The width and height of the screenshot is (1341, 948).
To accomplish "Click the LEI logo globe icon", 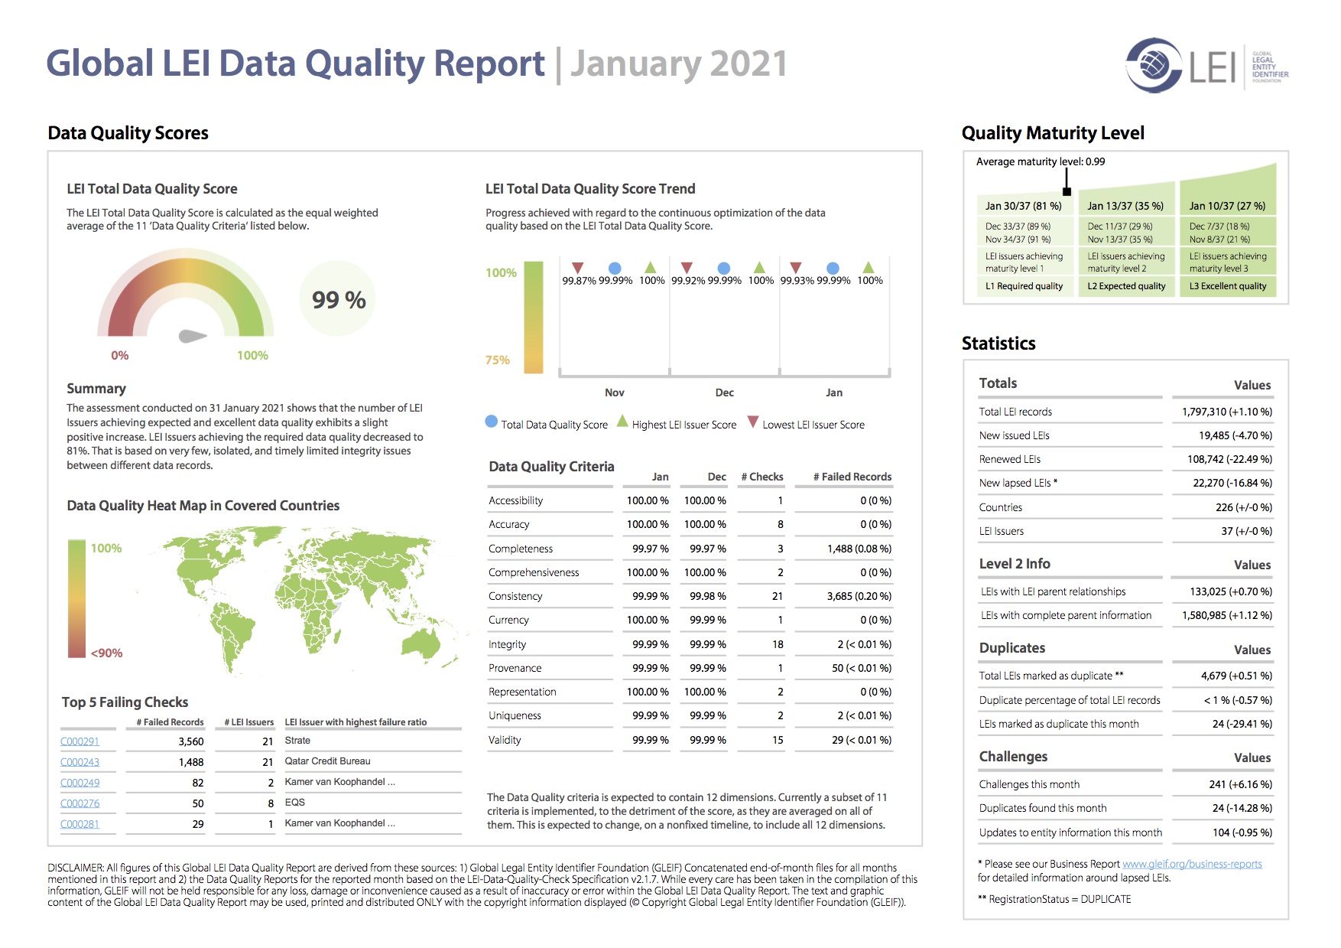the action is click(x=1154, y=65).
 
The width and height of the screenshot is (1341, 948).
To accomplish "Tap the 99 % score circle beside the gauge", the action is click(x=339, y=300).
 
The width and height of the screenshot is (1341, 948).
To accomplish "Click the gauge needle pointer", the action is click(x=192, y=336).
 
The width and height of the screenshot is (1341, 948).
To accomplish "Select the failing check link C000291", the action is click(x=80, y=741).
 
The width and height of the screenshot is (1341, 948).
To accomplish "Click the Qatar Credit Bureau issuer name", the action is click(x=327, y=761).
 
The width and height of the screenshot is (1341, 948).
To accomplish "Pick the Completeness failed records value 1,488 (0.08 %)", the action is click(x=859, y=549).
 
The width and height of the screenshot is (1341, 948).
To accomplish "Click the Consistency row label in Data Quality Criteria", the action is click(x=515, y=596).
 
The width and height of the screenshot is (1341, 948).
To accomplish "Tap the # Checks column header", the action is click(x=762, y=477).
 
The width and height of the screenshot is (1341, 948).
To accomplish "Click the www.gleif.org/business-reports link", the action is click(x=1192, y=864).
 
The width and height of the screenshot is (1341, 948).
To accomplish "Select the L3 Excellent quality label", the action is click(x=1228, y=286).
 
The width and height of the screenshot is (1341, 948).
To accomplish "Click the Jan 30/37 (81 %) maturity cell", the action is click(x=1023, y=206).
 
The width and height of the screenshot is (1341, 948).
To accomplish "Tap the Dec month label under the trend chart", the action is click(x=725, y=393).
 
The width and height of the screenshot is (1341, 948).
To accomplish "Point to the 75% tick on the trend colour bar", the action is click(x=498, y=360).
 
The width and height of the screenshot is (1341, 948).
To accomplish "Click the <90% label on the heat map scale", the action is click(x=106, y=653).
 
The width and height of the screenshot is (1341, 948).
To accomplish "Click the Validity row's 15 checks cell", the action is click(x=778, y=740).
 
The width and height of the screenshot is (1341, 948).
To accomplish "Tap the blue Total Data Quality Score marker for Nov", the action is click(x=615, y=268).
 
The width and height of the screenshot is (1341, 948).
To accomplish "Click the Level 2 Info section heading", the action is click(x=1015, y=564).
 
